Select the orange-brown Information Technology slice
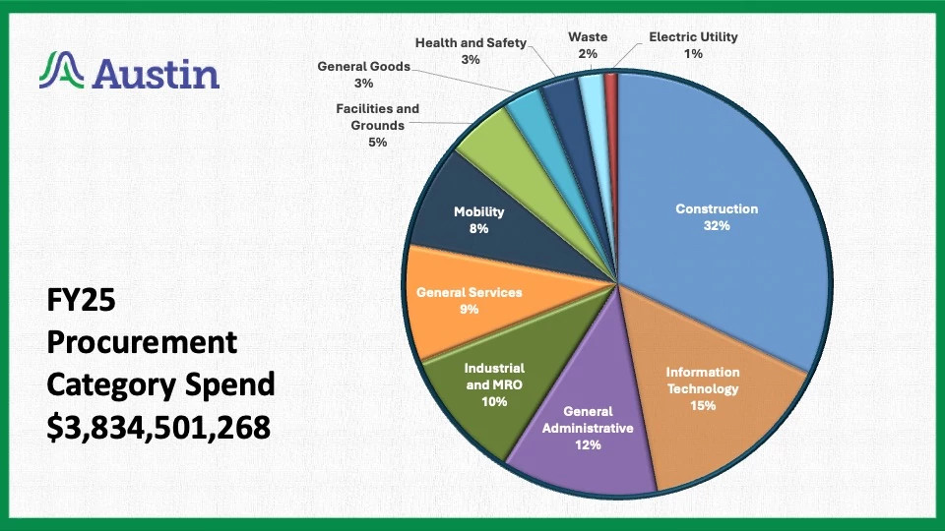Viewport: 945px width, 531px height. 709,413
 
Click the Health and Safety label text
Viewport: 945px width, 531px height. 471,43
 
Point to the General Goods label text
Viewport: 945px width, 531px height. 363,67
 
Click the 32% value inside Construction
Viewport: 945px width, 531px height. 717,225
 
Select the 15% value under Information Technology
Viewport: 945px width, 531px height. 703,404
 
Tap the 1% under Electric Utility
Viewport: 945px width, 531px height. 693,54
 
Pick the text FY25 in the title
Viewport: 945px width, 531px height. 82,300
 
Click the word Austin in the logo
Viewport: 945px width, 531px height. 157,72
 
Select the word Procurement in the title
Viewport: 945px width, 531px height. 143,342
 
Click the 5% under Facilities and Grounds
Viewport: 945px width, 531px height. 377,142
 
